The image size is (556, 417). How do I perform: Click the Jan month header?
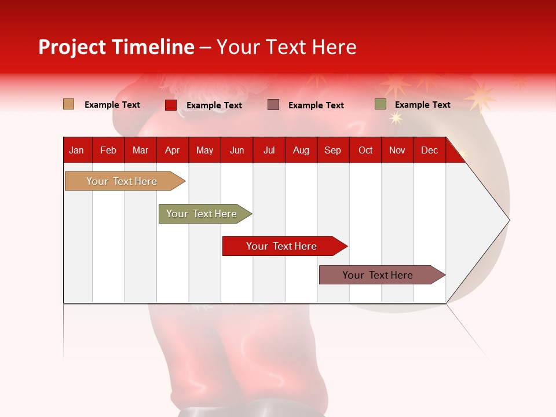click(x=76, y=150)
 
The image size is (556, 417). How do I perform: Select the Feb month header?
click(x=108, y=150)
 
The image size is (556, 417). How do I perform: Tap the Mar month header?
click(x=140, y=150)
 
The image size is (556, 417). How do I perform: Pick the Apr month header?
click(x=172, y=150)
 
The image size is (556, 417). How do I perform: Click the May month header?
click(x=204, y=150)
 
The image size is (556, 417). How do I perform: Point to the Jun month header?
click(x=237, y=150)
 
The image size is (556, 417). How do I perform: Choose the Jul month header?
click(x=269, y=150)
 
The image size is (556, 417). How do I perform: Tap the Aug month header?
click(x=301, y=150)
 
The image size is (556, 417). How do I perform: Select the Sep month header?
click(x=332, y=150)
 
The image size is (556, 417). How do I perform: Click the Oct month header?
click(x=365, y=150)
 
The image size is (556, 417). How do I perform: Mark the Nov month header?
click(x=397, y=150)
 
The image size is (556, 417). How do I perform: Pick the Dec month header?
click(x=429, y=150)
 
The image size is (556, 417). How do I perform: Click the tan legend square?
click(x=69, y=104)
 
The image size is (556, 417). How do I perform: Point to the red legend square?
click(x=171, y=105)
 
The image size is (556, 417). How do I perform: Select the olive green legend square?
click(x=380, y=104)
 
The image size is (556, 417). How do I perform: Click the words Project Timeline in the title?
click(x=116, y=47)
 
